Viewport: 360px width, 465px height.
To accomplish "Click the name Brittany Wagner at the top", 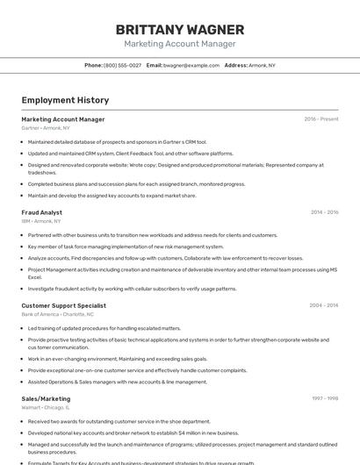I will [180, 29].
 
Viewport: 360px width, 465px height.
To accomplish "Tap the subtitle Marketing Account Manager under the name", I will [180, 44].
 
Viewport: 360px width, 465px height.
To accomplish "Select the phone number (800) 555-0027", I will [122, 65].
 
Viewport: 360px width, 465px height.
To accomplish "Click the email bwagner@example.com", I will [191, 65].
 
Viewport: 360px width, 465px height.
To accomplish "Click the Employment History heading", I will [65, 100].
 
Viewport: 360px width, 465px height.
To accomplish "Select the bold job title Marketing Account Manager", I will [63, 119].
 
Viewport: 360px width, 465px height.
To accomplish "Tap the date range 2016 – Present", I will [320, 119].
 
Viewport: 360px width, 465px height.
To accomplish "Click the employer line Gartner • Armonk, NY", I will [46, 128].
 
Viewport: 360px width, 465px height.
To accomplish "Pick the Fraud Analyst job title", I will [42, 212].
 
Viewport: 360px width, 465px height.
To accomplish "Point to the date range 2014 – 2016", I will [324, 212].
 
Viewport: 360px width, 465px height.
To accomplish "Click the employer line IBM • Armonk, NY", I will [41, 221].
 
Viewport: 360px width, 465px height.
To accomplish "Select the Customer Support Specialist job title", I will [64, 305].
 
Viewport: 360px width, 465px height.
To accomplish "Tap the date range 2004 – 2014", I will [324, 305].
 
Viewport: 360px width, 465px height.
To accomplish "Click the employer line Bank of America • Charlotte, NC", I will [57, 314].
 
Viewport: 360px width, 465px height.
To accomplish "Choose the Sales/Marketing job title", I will [46, 398].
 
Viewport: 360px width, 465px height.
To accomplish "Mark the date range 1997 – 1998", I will [325, 398].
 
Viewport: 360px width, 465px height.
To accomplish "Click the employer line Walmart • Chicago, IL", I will [46, 407].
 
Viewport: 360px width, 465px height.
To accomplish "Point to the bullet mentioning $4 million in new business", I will [133, 433].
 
